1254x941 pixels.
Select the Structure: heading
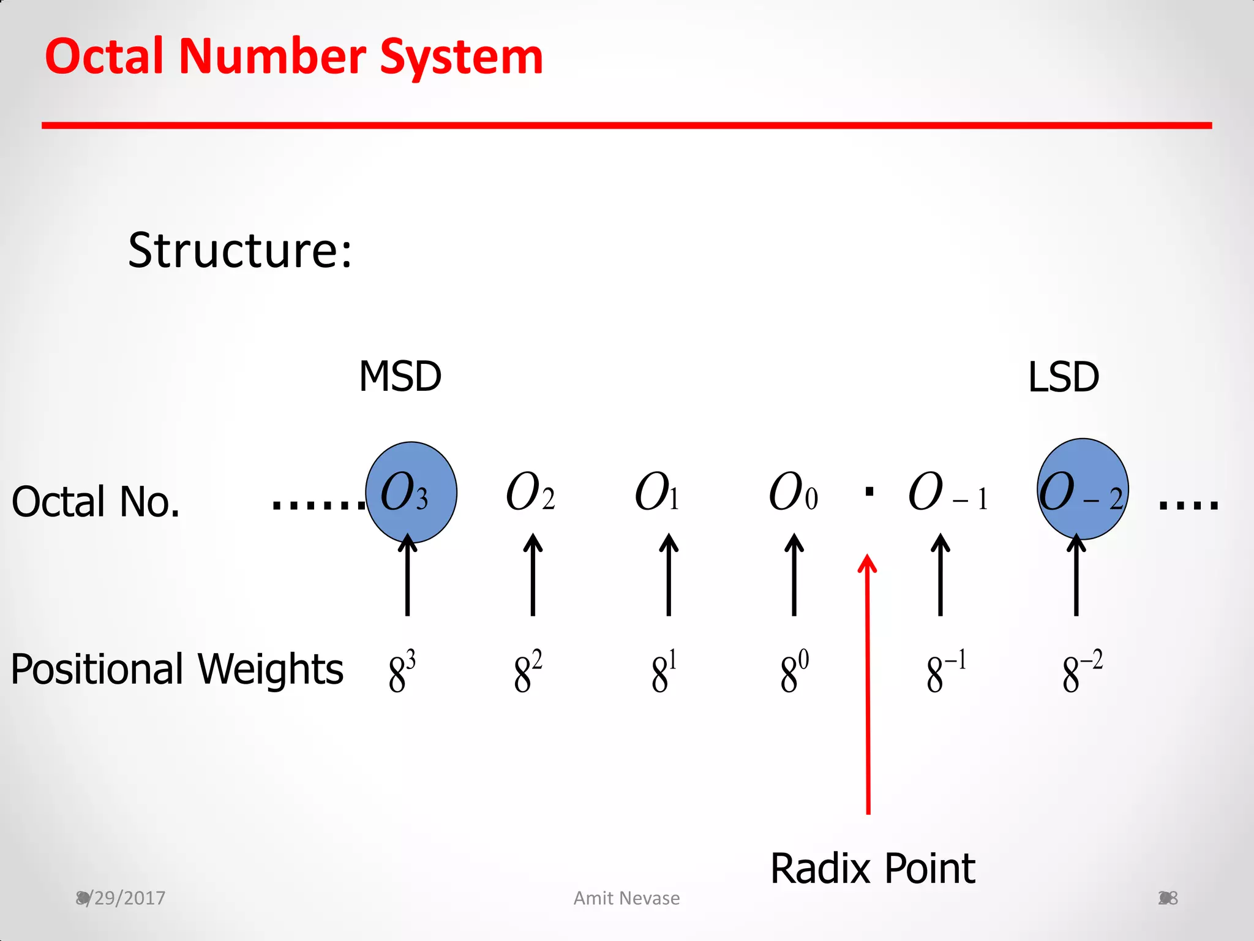240,251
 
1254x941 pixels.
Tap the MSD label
400,376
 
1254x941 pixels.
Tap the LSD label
1063,377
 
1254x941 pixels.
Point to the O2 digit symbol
530,493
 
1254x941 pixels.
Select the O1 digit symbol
656,493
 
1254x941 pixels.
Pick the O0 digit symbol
792,493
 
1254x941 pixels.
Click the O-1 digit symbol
947,493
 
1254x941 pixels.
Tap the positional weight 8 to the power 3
402,671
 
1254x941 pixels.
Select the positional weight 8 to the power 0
794,671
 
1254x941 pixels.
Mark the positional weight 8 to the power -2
1082,671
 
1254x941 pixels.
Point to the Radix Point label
872,869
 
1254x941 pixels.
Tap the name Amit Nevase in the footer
626,898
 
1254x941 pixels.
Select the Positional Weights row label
177,669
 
